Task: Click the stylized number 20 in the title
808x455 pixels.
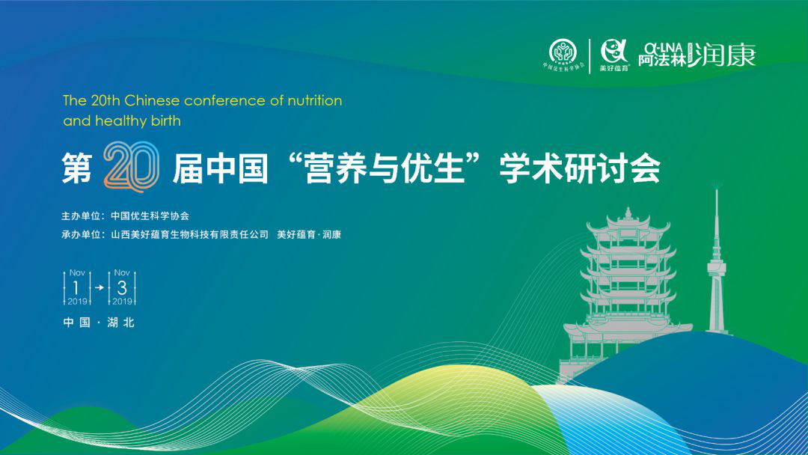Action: pos(131,166)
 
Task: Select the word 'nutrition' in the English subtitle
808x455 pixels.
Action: pos(314,100)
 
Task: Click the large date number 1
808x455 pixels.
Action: pos(76,287)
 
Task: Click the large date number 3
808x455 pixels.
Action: pos(122,287)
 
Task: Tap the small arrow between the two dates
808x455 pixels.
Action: pos(100,287)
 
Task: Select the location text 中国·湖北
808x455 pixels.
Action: pos(99,323)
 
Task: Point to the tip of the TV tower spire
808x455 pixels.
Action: pos(716,189)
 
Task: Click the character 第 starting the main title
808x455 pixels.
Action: pos(77,168)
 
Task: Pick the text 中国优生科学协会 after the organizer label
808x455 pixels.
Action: pos(150,216)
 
